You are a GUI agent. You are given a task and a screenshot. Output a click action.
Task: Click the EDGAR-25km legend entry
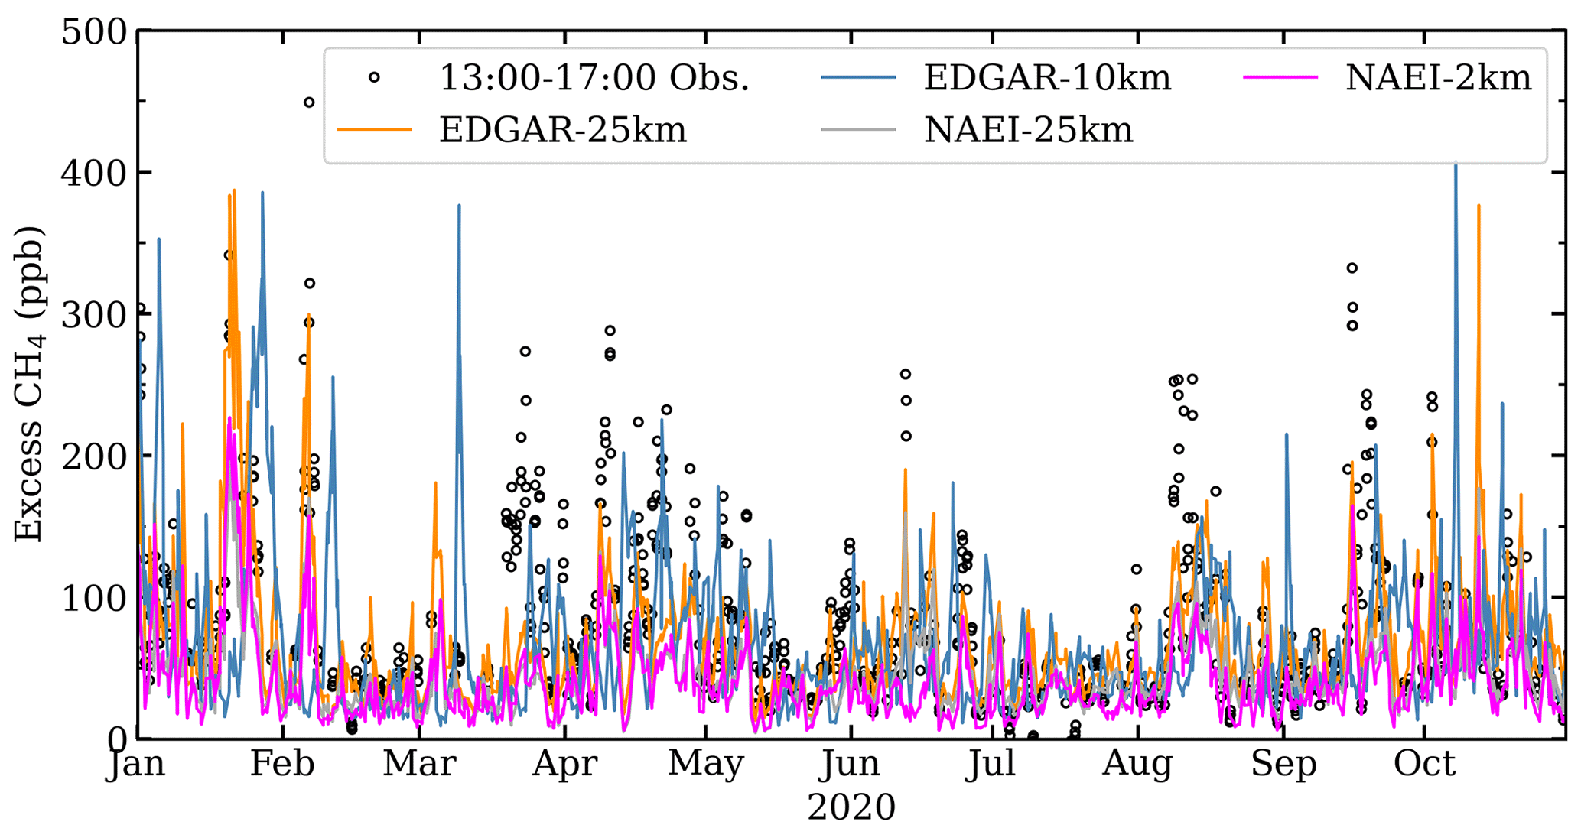[x=562, y=130]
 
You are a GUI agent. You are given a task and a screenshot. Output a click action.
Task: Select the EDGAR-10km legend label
[x=1047, y=77]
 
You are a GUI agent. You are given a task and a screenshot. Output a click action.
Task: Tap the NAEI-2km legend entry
[x=1438, y=77]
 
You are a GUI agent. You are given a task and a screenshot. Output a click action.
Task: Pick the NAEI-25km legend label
[x=1028, y=130]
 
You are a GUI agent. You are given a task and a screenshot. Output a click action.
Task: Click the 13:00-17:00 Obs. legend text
[x=594, y=77]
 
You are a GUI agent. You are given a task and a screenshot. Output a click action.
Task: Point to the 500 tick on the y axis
[x=94, y=32]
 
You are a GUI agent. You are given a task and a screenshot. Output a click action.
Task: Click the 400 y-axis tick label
[x=94, y=174]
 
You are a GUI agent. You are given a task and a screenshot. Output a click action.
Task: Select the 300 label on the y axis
[x=94, y=314]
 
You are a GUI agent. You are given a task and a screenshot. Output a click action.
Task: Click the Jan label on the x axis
[x=135, y=765]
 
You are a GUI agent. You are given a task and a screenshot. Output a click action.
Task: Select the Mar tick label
[x=419, y=763]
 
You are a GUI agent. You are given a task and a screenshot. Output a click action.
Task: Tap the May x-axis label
[x=705, y=765]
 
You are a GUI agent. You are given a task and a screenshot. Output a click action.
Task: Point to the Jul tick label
[x=991, y=765]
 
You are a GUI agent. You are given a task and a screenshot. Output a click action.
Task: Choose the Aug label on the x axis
[x=1137, y=765]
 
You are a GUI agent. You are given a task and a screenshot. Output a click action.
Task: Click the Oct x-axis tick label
[x=1424, y=763]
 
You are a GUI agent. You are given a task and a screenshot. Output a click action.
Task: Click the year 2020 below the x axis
[x=851, y=808]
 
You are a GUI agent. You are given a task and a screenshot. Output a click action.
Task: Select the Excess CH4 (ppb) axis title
[x=28, y=385]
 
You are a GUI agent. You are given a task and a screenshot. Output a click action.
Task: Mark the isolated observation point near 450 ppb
[x=309, y=102]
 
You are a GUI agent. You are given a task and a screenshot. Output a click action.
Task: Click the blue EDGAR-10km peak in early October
[x=1456, y=164]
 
